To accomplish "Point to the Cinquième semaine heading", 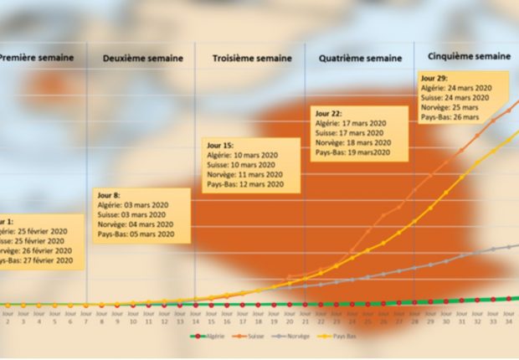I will [468, 56].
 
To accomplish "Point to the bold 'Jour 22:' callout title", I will [329, 113].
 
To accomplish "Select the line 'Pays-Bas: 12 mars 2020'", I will [244, 184].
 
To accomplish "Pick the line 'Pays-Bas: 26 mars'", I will [449, 118].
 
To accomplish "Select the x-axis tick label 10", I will [132, 320].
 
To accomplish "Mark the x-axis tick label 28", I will [414, 320].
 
